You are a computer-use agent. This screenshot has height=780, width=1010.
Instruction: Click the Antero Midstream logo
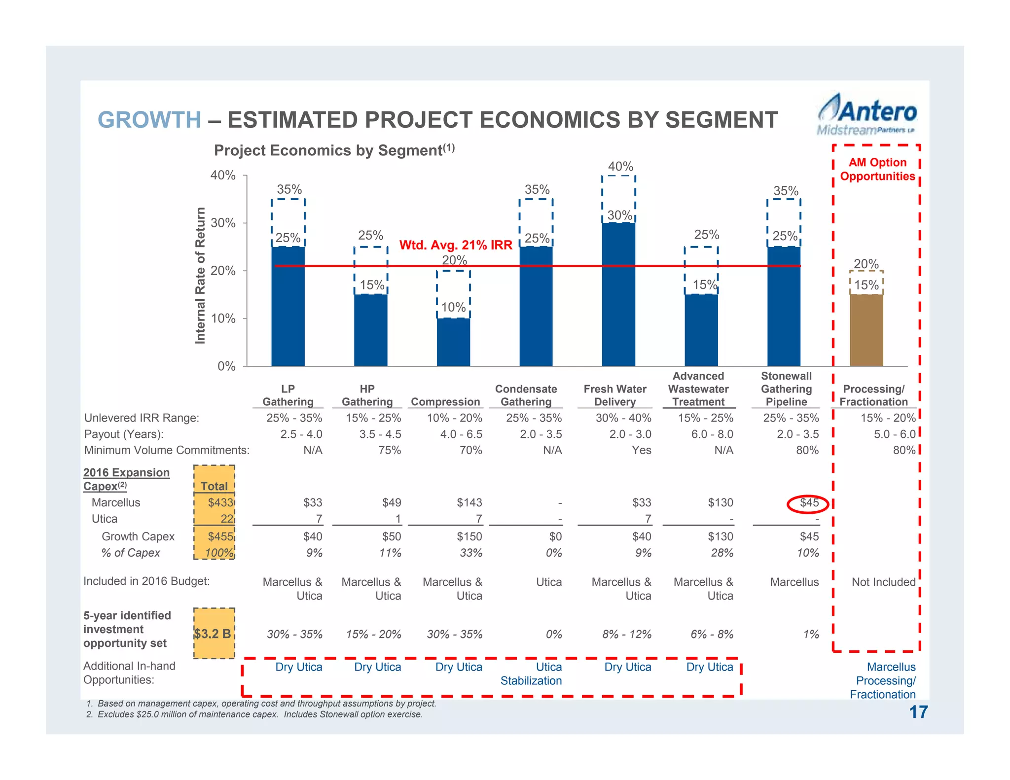click(x=866, y=115)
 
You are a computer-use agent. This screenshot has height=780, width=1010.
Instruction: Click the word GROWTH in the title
click(x=149, y=120)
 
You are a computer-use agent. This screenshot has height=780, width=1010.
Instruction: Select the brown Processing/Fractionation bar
click(x=866, y=330)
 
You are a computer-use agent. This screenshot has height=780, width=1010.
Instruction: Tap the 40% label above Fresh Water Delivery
click(x=620, y=167)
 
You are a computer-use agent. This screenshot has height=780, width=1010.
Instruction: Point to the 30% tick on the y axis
click(x=223, y=223)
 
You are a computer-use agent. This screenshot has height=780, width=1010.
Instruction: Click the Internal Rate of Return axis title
click(x=200, y=275)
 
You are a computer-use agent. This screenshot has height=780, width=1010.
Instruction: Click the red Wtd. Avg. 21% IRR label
click(x=456, y=245)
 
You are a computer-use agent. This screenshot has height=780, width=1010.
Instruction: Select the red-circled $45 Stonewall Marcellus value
click(x=809, y=503)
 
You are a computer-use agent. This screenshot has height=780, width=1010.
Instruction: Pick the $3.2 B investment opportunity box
click(x=213, y=634)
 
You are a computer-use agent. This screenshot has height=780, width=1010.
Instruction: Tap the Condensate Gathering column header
click(x=526, y=395)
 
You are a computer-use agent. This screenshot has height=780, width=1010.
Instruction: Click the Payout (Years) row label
click(x=124, y=434)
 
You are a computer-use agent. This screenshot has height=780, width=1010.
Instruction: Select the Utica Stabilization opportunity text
click(x=531, y=674)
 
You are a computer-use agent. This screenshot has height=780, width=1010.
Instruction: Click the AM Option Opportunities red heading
click(x=877, y=169)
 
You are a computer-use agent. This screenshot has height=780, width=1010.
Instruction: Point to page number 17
click(x=918, y=712)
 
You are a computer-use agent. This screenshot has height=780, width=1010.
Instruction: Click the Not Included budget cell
click(x=883, y=582)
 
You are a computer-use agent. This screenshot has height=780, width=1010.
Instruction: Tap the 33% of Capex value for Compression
click(x=471, y=553)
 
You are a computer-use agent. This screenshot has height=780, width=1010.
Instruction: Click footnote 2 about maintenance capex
click(x=254, y=714)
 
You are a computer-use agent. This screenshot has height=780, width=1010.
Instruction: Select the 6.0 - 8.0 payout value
click(x=714, y=434)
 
